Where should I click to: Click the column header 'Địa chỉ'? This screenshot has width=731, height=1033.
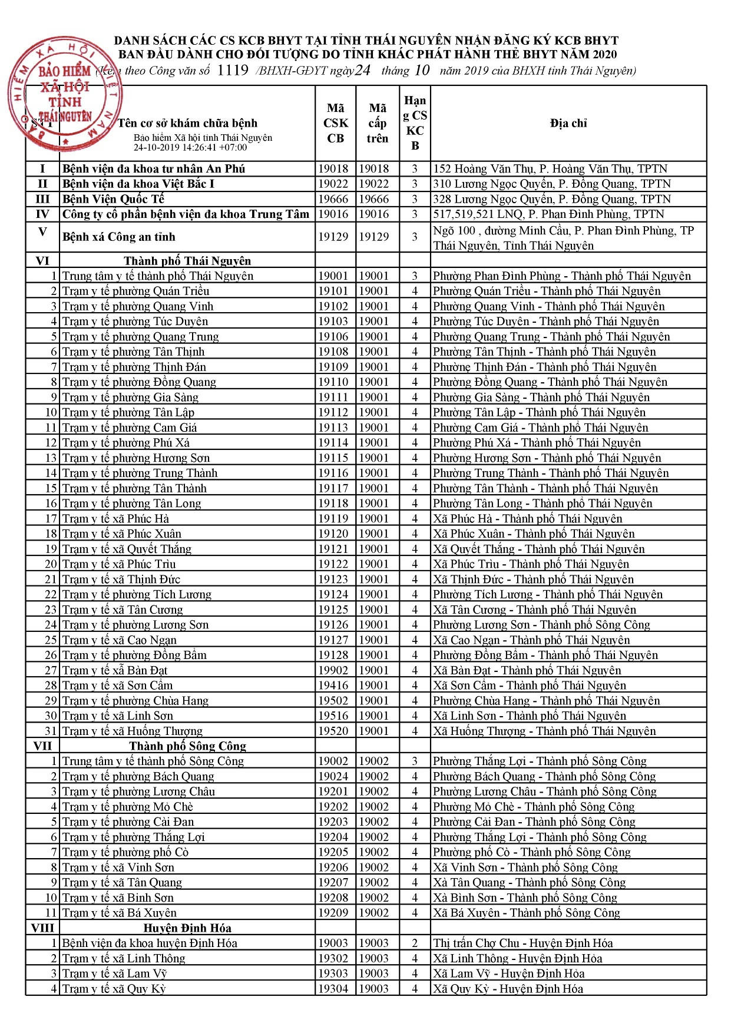[568, 123]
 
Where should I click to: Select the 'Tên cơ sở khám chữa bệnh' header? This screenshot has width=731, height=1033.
[187, 123]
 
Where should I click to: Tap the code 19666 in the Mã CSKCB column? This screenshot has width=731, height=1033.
[333, 199]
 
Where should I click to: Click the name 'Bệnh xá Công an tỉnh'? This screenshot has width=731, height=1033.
[119, 237]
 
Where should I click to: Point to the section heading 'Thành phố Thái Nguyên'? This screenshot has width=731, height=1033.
[187, 261]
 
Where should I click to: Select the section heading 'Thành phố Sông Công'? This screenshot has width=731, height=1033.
[187, 746]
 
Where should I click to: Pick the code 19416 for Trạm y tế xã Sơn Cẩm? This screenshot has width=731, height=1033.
[333, 686]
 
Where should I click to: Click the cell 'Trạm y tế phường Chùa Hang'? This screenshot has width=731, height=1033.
[135, 701]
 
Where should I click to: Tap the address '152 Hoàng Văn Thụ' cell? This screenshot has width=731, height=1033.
[550, 169]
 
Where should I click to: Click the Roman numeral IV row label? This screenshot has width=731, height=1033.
[42, 214]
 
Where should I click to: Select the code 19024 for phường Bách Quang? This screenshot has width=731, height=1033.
[333, 777]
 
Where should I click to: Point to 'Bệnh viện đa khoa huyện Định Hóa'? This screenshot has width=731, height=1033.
[150, 943]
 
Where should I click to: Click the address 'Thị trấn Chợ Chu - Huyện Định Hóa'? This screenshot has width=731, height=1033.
[522, 943]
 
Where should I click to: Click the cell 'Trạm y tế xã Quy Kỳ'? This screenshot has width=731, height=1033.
[114, 989]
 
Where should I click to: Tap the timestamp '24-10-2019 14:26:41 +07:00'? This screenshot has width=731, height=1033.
[190, 147]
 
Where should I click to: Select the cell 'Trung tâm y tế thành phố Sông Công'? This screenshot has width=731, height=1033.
[153, 761]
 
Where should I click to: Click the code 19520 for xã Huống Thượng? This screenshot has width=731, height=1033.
[333, 731]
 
